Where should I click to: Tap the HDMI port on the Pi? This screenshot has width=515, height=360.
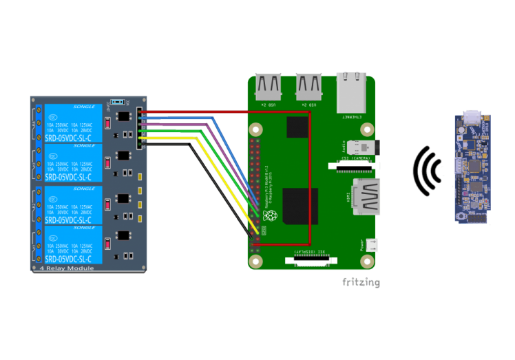point(366,196)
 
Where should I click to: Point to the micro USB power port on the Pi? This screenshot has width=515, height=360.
point(371,244)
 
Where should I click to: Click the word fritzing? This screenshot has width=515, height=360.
point(361,282)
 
